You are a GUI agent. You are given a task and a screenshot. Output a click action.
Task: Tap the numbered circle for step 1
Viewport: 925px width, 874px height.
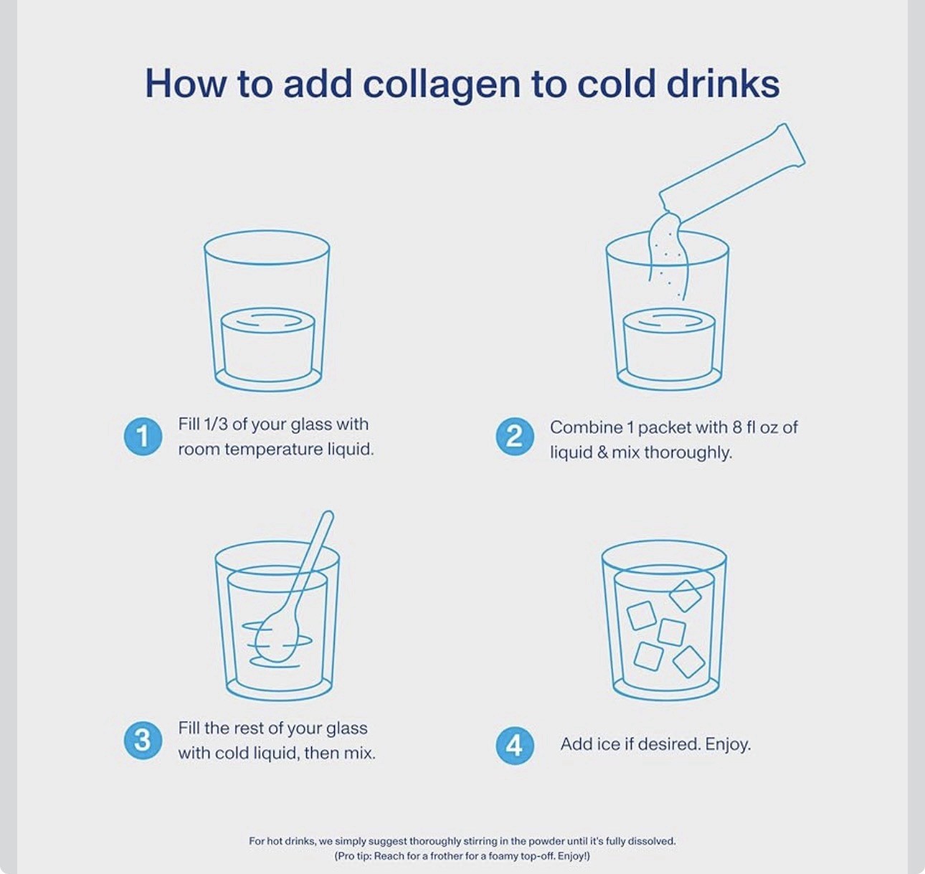pos(143,436)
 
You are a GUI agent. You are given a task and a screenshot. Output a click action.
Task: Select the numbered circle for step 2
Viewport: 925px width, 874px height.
pos(515,437)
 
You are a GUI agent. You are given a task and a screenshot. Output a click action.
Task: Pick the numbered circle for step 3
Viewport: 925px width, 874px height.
pos(143,741)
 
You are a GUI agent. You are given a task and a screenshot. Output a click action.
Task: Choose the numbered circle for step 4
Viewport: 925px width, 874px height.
pos(515,746)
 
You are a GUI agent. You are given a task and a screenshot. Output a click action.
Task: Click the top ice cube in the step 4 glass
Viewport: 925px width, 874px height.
pos(685,595)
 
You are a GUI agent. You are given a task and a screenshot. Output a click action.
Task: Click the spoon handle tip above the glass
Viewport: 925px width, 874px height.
pos(328,516)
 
